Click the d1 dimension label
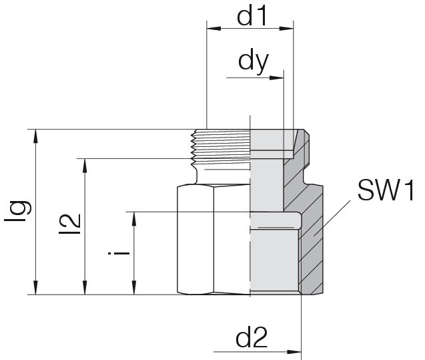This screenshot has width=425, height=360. click(x=252, y=17)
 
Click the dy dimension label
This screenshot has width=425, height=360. click(x=253, y=62)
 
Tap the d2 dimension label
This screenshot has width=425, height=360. click(x=252, y=337)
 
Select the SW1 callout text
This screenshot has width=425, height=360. click(x=386, y=190)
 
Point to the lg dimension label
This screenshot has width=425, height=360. click(x=18, y=212)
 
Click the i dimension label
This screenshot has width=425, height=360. click(x=119, y=253)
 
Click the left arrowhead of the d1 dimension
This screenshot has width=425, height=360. click(x=214, y=29)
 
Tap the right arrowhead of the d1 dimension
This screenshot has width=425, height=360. click(x=286, y=29)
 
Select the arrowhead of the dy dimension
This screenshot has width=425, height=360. click(x=276, y=78)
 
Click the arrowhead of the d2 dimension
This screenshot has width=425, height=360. click(x=294, y=352)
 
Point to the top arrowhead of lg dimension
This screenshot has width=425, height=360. click(x=35, y=136)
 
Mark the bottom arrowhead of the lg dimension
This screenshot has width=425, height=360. click(x=35, y=288)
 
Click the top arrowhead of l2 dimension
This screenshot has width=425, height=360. click(x=85, y=166)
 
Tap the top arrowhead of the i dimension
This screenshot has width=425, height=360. click(x=134, y=219)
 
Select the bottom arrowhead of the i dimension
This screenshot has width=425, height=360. click(x=134, y=288)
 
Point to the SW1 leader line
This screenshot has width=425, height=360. click(x=332, y=218)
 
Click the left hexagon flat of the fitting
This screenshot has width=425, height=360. click(x=195, y=240)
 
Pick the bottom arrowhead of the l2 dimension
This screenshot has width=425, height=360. click(x=85, y=288)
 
